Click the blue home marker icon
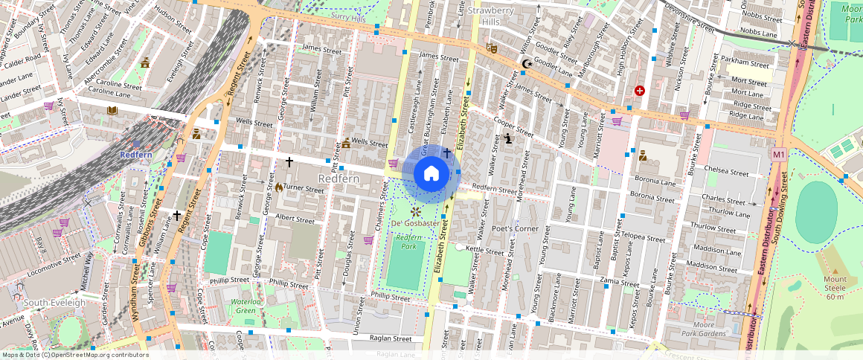pos(431,174)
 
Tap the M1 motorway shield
pos(778,155)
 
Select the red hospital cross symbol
pos(640,91)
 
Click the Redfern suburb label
pos(339,179)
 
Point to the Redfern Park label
pos(407,241)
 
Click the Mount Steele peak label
pos(834,288)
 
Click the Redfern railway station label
pos(136,154)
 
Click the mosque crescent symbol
pos(527,65)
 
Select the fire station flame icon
pos(279,187)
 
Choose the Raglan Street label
pos(391,338)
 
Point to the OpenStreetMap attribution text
pos(74,355)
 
